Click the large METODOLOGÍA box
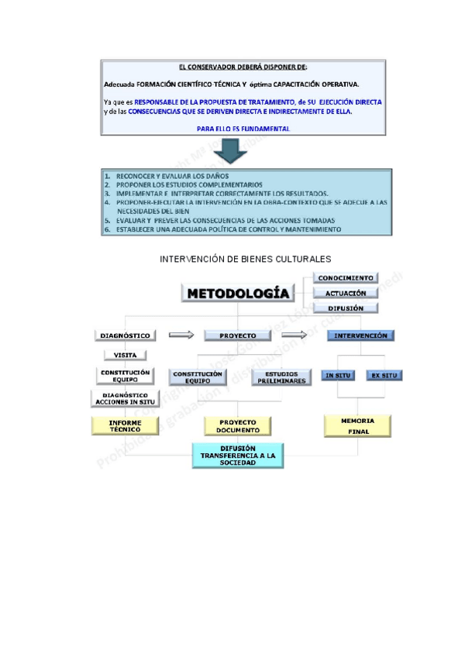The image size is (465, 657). point(239,294)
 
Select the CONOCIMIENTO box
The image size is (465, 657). point(346,278)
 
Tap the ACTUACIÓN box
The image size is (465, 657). point(346,293)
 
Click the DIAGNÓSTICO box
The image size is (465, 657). point(125,335)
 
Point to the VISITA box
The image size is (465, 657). point(125,355)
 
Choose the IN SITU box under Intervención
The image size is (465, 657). point(338,375)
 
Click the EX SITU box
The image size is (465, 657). point(384,375)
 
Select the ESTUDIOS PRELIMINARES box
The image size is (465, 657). point(276,377)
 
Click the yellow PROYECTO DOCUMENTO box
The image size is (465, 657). point(237,426)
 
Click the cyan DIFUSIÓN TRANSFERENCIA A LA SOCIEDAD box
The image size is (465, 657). point(237,456)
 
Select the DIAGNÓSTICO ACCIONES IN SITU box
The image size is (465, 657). point(125,398)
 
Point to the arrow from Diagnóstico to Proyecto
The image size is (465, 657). point(181,335)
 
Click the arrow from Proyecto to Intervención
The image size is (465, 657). point(294,335)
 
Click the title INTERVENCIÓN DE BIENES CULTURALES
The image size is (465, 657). point(245,259)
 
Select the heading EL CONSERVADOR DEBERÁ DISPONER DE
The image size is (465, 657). point(232,67)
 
